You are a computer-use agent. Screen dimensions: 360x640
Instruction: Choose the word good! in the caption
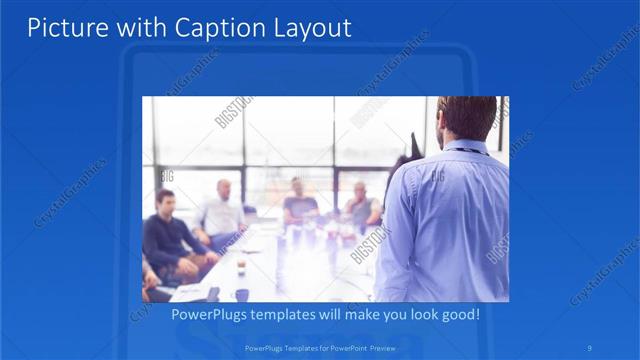coord(457,314)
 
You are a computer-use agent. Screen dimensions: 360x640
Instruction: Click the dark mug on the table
coord(241,294)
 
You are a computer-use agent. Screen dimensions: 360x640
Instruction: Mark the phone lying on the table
coord(212,293)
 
